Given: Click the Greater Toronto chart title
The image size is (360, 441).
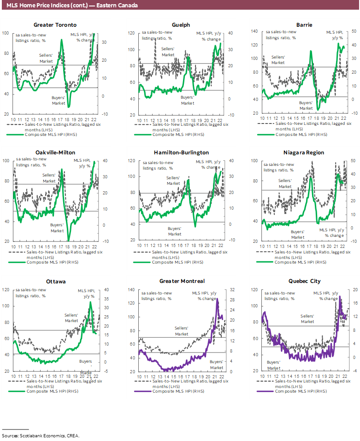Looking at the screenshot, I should click(55, 25).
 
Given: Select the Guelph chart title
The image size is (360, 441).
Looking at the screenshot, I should click(181, 25).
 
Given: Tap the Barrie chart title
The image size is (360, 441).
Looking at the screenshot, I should click(303, 25).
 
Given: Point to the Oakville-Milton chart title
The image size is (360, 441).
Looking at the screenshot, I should click(55, 153).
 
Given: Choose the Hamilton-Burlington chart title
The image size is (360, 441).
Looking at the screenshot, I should click(181, 153).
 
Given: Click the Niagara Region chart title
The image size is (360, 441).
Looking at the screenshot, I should click(303, 153).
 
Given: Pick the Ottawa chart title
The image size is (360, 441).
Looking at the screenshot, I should click(55, 281).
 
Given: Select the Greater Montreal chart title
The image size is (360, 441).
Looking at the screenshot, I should click(181, 281).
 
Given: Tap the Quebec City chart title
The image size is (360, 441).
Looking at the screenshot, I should click(303, 281).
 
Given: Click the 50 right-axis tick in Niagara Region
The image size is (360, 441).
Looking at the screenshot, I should click(353, 160).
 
